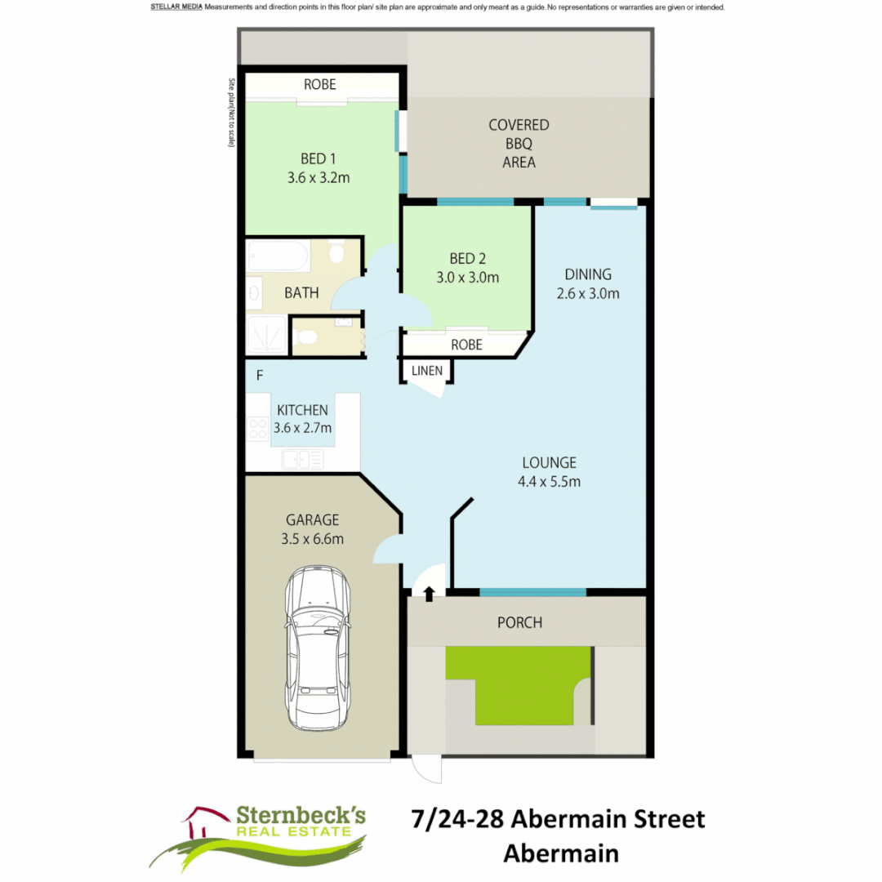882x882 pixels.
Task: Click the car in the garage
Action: point(318,649)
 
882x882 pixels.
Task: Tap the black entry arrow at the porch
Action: point(430,594)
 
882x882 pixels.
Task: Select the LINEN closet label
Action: point(427,371)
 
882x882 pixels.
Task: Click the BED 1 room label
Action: point(318,158)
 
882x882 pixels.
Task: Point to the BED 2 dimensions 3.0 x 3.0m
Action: point(467,277)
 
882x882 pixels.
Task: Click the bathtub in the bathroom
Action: point(278,256)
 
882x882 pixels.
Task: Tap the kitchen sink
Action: point(302,460)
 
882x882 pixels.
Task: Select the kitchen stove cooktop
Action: point(258,429)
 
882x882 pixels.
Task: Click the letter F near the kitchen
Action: point(260,376)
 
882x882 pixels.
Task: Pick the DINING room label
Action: point(588,274)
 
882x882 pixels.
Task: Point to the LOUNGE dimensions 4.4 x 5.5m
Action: point(549,482)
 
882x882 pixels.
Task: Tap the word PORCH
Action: point(519,623)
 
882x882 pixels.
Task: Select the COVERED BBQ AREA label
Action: point(519,144)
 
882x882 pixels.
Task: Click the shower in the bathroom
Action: point(266,335)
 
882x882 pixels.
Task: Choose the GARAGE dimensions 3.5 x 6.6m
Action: point(313,539)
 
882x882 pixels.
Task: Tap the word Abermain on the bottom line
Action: point(560,853)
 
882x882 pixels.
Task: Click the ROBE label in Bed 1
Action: point(319,84)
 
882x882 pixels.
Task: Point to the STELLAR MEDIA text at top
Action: point(176,7)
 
